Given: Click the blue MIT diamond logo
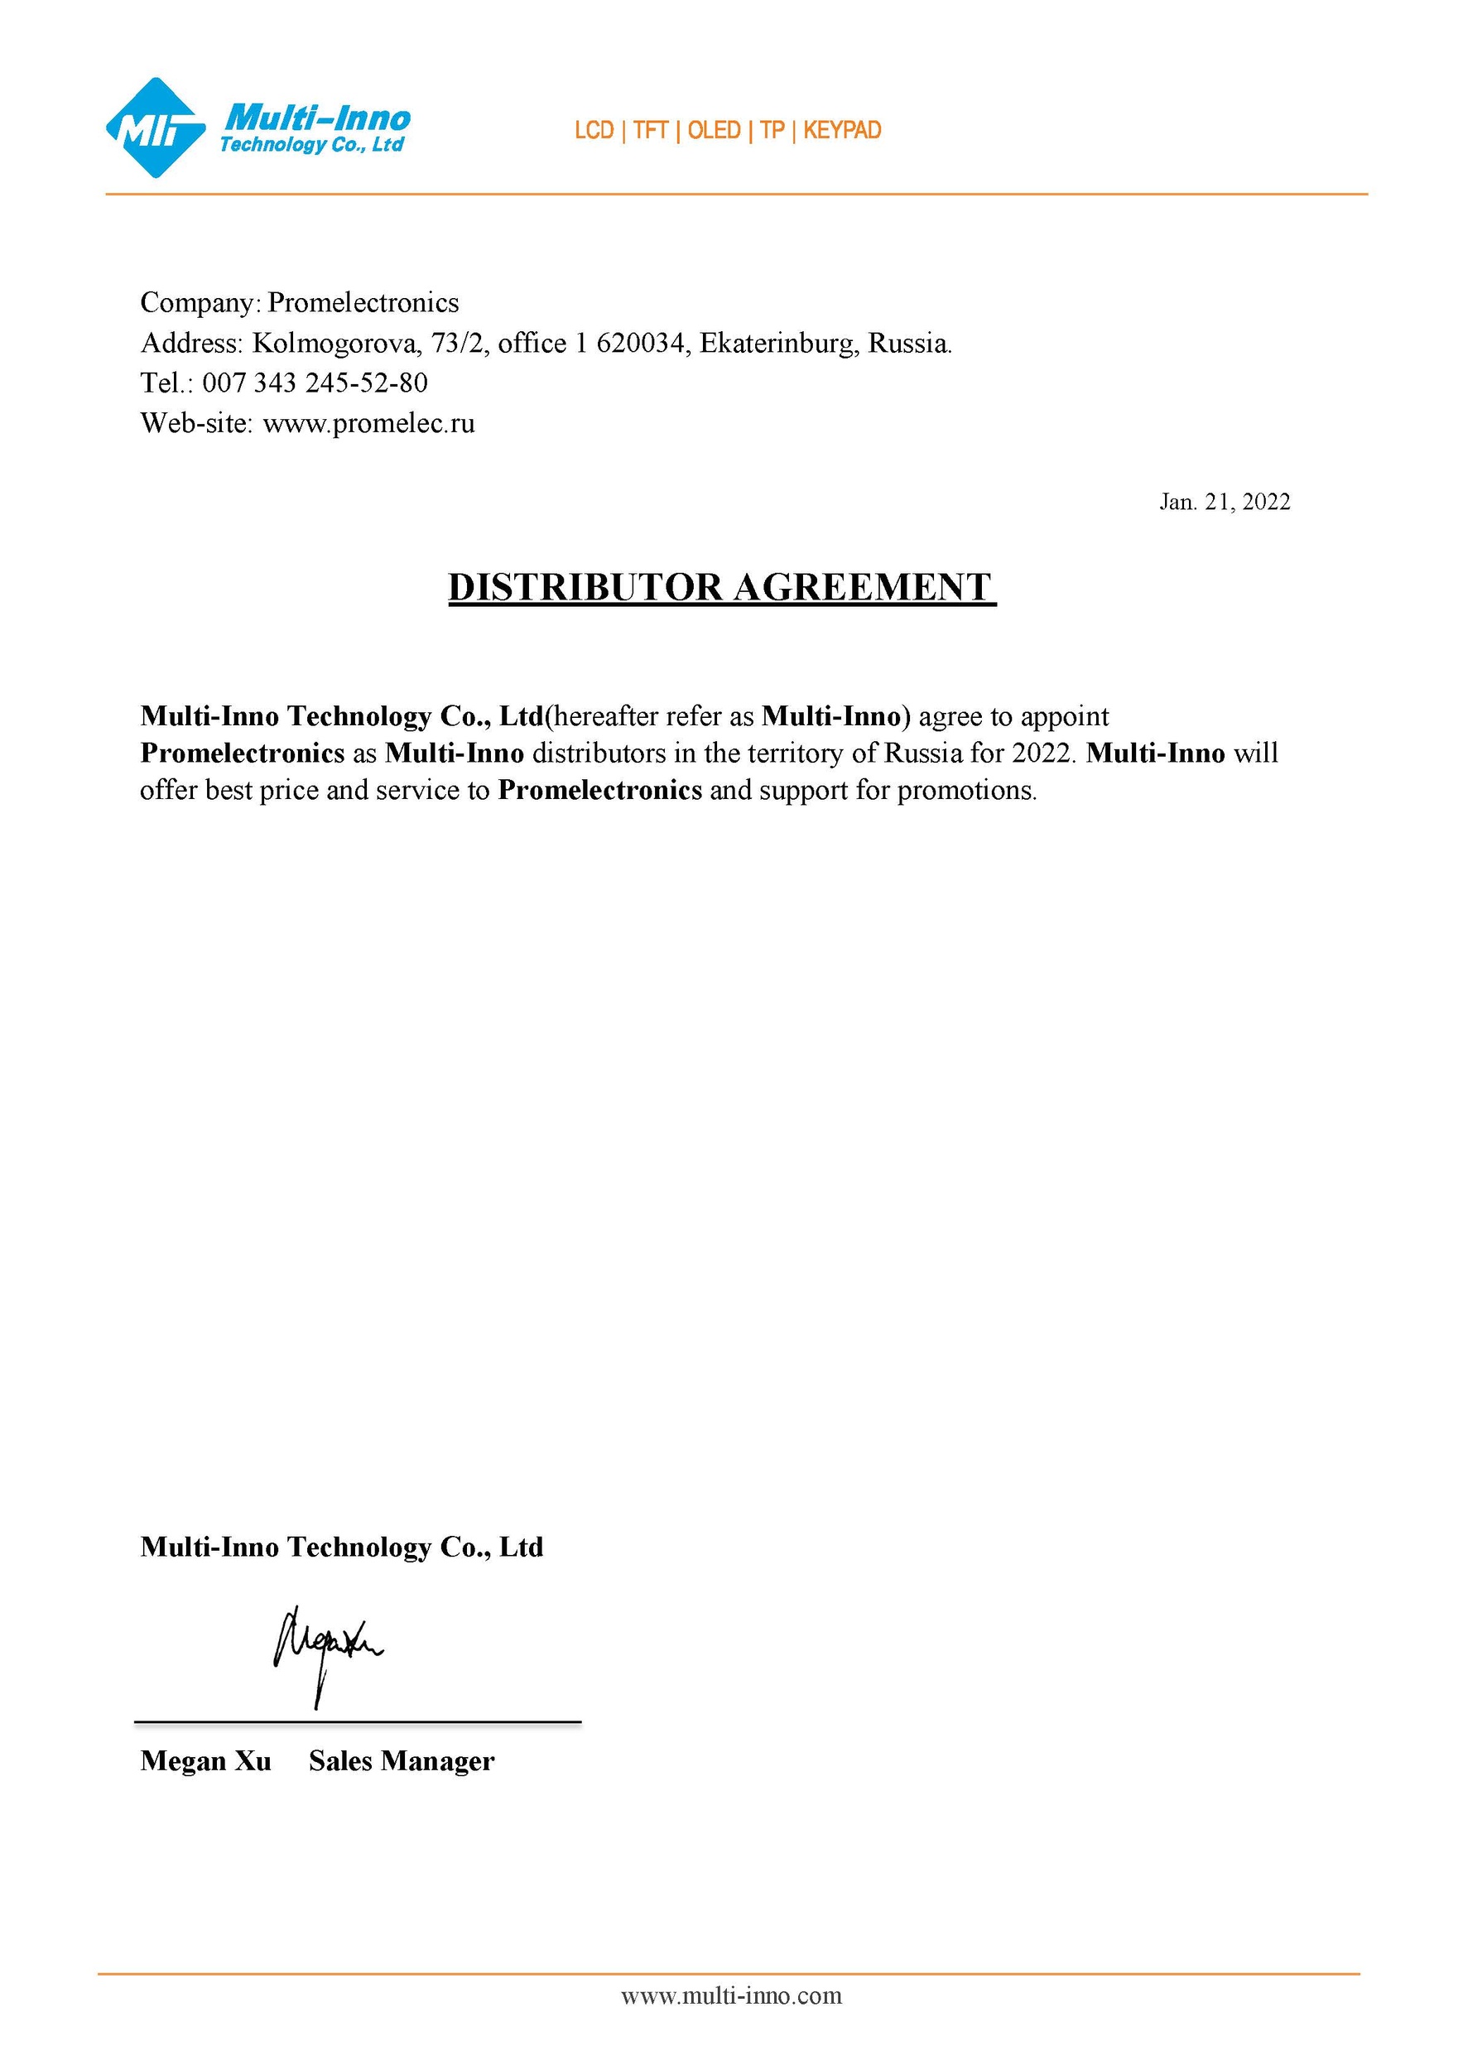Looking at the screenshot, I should point(155,128).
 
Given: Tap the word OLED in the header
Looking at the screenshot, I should point(714,131).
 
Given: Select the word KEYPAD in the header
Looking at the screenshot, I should point(842,131).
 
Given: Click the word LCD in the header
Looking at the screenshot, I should point(594,131).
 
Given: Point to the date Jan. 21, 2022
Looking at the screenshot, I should point(1224,502).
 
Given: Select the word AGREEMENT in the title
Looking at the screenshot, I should point(863,587).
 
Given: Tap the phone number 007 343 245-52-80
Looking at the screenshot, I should point(315,383).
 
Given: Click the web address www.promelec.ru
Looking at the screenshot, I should point(368,423).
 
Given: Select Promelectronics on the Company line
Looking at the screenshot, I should point(363,303).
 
